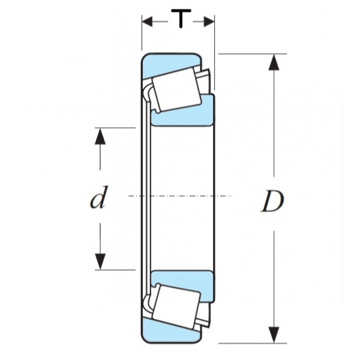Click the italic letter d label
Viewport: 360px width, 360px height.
(98, 199)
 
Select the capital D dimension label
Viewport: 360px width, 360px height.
(272, 202)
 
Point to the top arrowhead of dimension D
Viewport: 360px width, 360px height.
(274, 63)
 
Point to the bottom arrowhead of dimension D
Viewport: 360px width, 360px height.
(274, 334)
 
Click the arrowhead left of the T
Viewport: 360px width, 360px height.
(148, 22)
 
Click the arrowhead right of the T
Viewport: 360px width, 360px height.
(209, 22)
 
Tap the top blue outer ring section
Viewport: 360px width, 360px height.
(171, 61)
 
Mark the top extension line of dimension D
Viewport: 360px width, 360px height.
(252, 54)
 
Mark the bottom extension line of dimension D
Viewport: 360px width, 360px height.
(252, 343)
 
